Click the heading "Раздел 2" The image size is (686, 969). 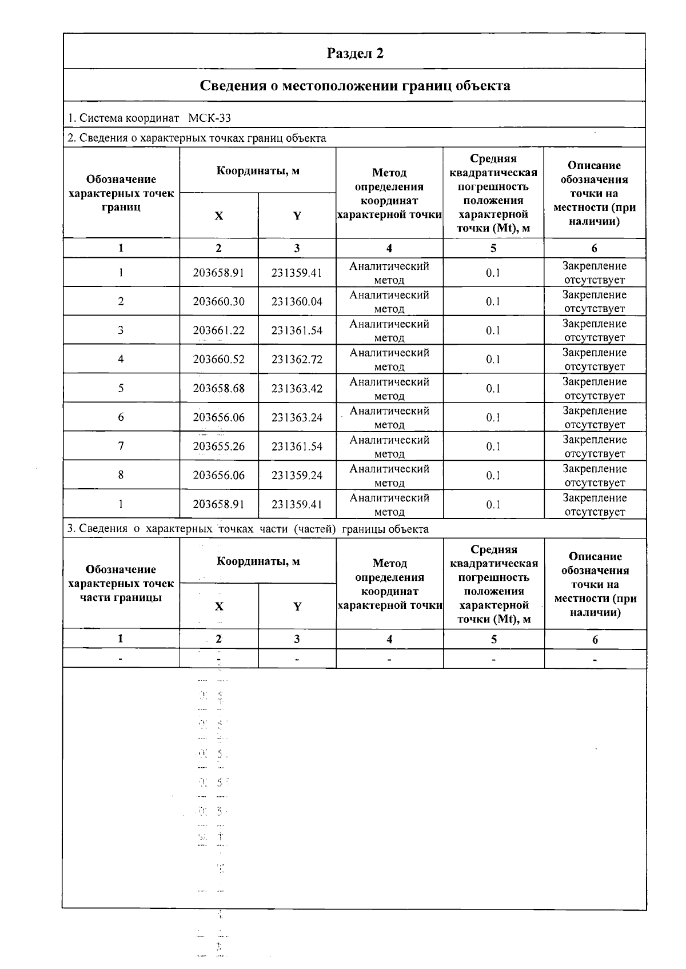tap(354, 53)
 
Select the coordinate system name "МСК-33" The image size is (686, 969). tap(210, 118)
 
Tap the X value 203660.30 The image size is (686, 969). tap(219, 301)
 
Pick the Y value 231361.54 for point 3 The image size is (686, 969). tap(297, 330)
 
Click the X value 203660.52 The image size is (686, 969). tap(219, 360)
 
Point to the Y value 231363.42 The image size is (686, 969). tap(297, 389)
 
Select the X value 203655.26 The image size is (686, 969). tap(219, 446)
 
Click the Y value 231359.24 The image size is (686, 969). tap(297, 476)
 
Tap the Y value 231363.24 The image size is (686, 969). tap(297, 418)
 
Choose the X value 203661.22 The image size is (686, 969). tap(219, 330)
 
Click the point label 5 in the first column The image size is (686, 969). tap(121, 388)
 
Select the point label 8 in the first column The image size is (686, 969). tap(121, 475)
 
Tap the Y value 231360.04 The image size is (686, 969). tap(297, 301)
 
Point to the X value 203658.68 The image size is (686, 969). tap(219, 389)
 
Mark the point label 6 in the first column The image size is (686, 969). tap(121, 417)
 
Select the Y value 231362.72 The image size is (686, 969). tap(297, 360)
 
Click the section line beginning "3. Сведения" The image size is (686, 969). tap(248, 529)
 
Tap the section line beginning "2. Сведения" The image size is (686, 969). tap(197, 138)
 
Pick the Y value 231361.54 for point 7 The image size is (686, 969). tap(297, 446)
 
